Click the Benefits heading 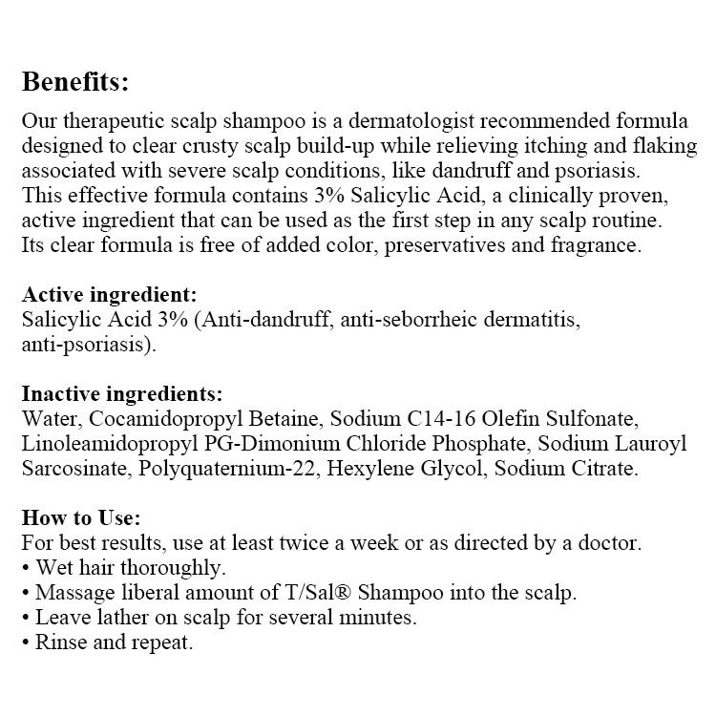click(74, 82)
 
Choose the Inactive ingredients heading click(121, 393)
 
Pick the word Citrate click(600, 468)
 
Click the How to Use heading click(81, 518)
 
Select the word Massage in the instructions click(69, 593)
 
